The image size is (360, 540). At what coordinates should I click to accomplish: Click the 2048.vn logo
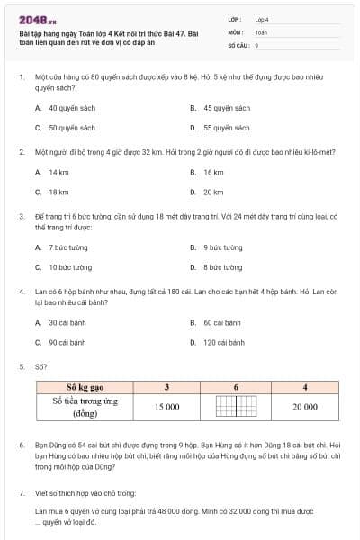[x=38, y=20]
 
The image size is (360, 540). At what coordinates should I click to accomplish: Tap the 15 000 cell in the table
[x=166, y=407]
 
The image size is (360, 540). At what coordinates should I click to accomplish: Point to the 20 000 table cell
[x=304, y=407]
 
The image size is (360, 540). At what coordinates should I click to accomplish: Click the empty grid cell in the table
[x=236, y=407]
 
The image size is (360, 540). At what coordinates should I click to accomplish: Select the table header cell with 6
[x=236, y=387]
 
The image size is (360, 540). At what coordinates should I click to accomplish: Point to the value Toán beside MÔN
[x=261, y=31]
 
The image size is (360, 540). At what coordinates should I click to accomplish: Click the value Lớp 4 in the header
[x=262, y=18]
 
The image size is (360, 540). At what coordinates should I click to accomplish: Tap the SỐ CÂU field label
[x=238, y=44]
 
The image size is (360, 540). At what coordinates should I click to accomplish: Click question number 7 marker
[x=21, y=493]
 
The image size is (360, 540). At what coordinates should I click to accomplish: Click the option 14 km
[x=59, y=171]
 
